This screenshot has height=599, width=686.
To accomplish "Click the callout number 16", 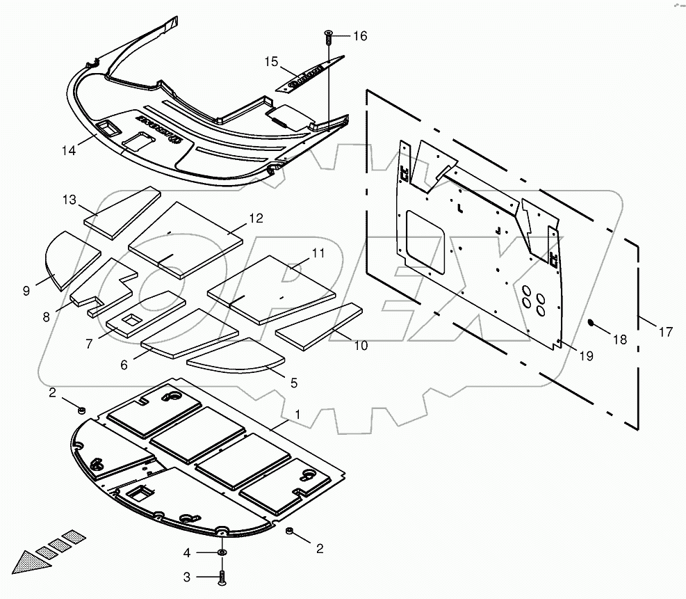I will (359, 35).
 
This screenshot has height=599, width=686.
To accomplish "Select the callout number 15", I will (272, 63).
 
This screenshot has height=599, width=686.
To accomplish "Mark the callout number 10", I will (361, 345).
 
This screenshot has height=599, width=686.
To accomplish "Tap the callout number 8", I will (46, 317).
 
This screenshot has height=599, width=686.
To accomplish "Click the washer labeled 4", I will (222, 552).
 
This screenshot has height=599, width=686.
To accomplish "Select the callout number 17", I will (665, 332).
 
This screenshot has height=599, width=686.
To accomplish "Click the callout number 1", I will (297, 414).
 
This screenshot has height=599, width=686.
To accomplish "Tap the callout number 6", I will (124, 365).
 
